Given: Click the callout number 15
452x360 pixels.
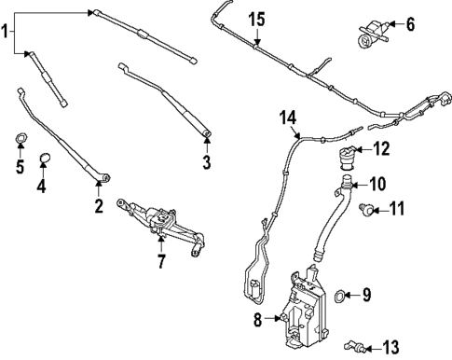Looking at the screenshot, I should tap(256, 19).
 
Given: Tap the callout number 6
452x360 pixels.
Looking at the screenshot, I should tap(411, 23).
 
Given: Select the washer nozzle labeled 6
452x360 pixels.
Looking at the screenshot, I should tap(371, 30).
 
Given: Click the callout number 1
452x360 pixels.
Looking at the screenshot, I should tap(7, 32).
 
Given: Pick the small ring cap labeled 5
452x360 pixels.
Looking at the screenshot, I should tap(19, 141).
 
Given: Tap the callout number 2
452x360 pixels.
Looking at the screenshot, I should tap(98, 206).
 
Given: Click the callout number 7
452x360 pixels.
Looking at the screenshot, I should tap(160, 262).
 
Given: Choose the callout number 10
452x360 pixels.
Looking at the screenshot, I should tap(379, 183).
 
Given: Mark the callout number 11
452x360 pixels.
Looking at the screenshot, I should tap(398, 210).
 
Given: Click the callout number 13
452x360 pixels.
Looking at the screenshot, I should tap(390, 346).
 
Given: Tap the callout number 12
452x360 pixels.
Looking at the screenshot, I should tap(382, 148).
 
